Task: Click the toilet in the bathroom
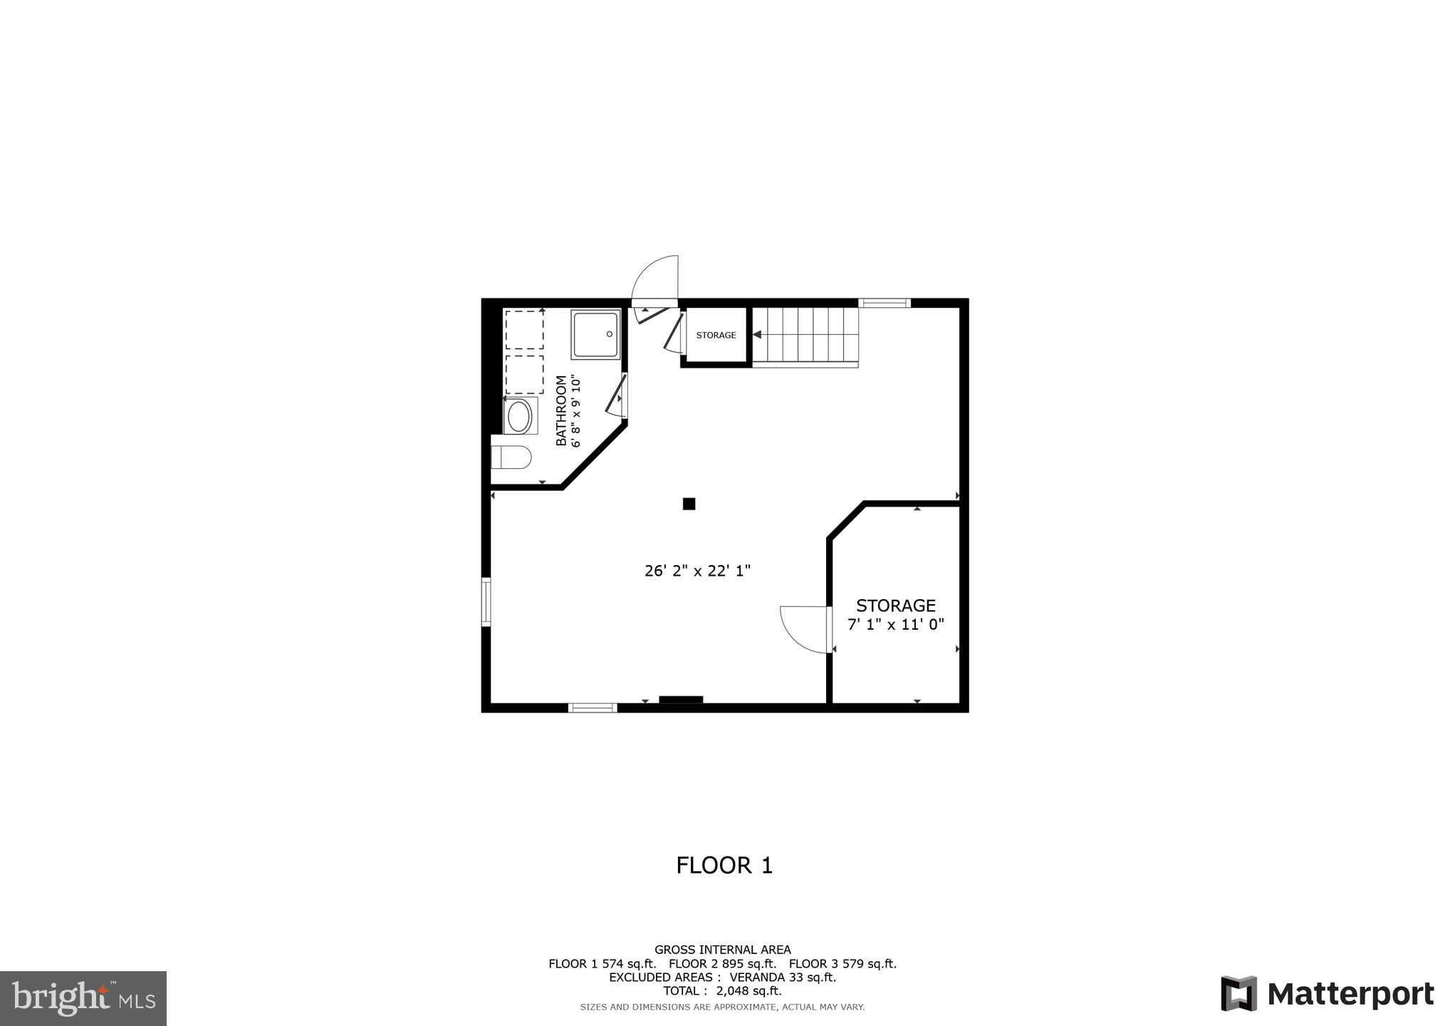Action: (511, 457)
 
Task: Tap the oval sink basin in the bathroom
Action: (518, 417)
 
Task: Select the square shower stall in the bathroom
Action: (595, 334)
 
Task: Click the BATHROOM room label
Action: (561, 411)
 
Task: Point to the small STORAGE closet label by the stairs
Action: (716, 335)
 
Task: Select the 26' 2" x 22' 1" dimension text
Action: (698, 571)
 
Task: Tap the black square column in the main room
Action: (689, 504)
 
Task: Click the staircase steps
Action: (806, 335)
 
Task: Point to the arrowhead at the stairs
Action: (757, 334)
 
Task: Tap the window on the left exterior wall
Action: (486, 602)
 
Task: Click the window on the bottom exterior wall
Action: (593, 708)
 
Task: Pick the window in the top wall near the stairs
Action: (885, 303)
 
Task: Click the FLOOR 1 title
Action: (724, 865)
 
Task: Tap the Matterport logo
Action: (1328, 993)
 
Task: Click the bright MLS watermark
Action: (83, 999)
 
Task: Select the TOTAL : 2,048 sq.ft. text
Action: (722, 990)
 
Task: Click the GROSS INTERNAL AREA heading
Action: (722, 949)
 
